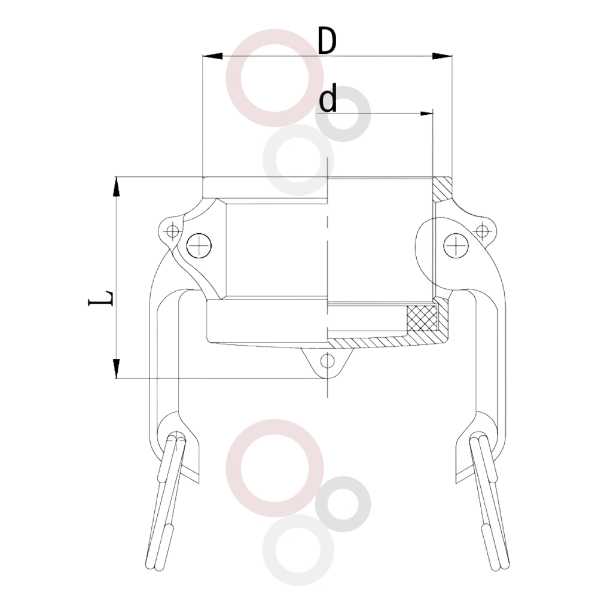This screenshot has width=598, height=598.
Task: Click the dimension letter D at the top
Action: [x=327, y=41]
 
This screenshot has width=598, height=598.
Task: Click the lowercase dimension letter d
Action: [x=328, y=99]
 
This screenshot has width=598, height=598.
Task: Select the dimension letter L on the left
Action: [x=101, y=298]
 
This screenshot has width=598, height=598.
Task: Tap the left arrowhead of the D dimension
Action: [x=212, y=56]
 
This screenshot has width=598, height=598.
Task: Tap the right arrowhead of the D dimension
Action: [x=442, y=56]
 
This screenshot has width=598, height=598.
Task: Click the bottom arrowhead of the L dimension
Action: [x=117, y=368]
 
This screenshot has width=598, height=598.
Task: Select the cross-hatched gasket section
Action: [x=422, y=318]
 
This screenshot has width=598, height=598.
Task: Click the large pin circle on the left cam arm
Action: [x=199, y=245]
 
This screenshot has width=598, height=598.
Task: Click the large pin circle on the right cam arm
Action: [x=456, y=245]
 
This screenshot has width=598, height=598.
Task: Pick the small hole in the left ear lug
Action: [x=173, y=231]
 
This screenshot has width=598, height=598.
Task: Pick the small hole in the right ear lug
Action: [x=482, y=230]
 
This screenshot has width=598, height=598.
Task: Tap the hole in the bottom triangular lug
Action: [x=327, y=361]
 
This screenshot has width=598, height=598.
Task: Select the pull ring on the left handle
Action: [x=165, y=503]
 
